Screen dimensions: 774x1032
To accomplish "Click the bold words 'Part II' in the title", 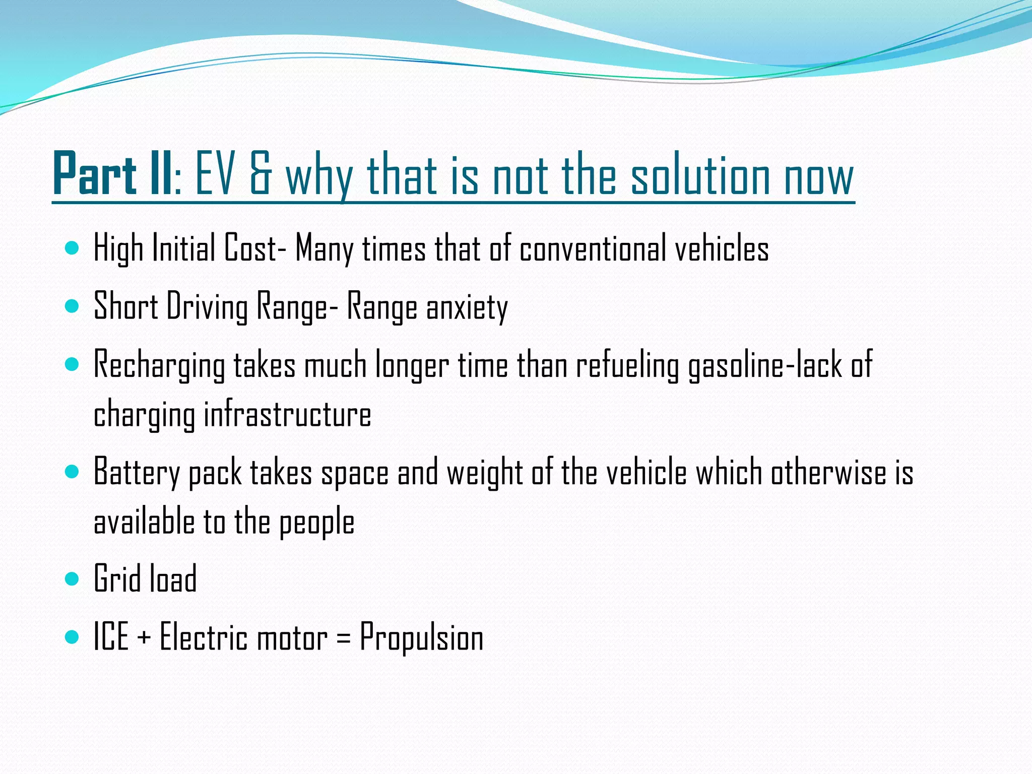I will point(112,174).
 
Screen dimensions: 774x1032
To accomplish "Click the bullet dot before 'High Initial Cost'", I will point(73,248).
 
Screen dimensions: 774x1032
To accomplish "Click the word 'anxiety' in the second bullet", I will point(467,307).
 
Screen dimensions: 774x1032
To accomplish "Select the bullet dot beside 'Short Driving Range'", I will point(73,306).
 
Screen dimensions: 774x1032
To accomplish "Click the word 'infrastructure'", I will point(287,414).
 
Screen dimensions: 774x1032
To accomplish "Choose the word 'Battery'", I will point(137,473).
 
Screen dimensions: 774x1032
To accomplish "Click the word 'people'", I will point(316,523).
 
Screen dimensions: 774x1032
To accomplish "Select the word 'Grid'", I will point(117,579).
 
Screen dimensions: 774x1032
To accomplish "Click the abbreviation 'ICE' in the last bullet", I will point(111,637).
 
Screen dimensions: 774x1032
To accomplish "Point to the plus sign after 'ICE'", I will point(144,638).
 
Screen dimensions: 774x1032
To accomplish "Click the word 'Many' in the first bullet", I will point(324,249).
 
